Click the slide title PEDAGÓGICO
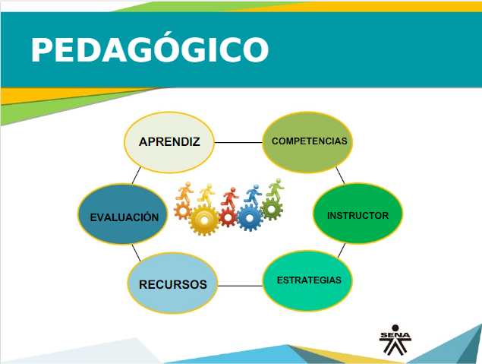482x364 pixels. [150, 49]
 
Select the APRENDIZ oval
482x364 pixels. [169, 142]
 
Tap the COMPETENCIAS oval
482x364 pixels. [307, 142]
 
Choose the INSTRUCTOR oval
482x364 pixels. [358, 214]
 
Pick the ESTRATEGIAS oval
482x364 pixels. [307, 281]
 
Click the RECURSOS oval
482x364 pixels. [173, 283]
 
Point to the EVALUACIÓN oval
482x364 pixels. [123, 214]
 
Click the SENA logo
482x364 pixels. [395, 340]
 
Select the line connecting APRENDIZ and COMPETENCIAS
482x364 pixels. [238, 142]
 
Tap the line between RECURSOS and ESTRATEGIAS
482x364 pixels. [240, 286]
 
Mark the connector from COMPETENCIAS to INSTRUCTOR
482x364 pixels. [340, 175]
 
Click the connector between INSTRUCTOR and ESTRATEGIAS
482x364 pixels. [342, 251]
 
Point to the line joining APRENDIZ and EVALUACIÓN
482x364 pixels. [137, 176]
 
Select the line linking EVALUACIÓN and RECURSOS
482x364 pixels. [136, 253]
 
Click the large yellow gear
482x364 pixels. [204, 220]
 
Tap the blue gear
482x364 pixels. [249, 218]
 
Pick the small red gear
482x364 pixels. [228, 217]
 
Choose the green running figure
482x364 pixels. [276, 188]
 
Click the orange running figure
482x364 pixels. [184, 192]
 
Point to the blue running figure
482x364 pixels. [254, 195]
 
